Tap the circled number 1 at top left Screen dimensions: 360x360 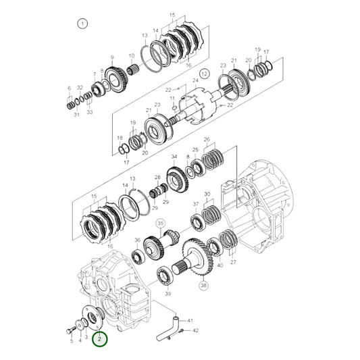pos(83,24)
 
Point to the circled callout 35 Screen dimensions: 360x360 pos(160,222)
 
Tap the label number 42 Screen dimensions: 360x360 pos(196,331)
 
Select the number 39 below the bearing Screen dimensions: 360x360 pos(168,294)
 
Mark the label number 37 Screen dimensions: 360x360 pos(196,204)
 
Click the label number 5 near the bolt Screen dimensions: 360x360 pos(72,341)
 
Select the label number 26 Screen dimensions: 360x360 pos(207,139)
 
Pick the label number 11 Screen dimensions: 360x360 pos(172,99)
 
